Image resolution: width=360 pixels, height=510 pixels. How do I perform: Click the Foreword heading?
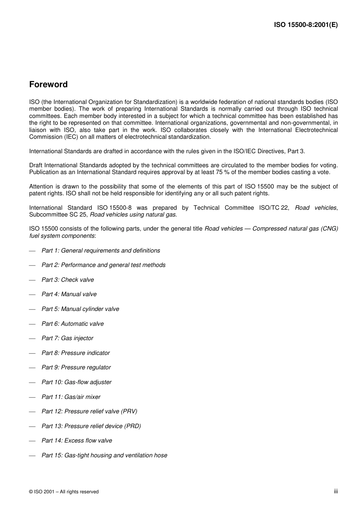49,85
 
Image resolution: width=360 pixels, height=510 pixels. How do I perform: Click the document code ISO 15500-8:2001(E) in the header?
306,25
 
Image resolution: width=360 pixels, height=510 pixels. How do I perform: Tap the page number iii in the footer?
336,491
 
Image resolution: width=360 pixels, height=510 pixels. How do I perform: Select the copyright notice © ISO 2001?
64,492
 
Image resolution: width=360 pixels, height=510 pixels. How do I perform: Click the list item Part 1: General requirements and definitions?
101,251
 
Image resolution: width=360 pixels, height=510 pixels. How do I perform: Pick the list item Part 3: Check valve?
68,280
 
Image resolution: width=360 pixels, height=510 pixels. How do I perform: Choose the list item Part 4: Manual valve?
69,294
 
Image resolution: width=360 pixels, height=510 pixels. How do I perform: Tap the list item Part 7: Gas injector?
67,338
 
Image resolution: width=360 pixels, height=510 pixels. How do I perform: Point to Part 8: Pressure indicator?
76,353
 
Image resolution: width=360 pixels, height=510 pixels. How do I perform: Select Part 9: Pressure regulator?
76,367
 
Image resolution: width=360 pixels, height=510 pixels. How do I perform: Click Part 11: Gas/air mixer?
71,397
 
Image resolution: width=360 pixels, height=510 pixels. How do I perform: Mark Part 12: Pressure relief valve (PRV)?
89,411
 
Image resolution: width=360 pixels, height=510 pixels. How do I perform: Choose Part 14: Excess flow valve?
77,441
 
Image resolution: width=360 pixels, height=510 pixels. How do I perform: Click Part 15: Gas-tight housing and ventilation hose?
104,455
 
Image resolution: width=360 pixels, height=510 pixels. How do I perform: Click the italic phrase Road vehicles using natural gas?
133,215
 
